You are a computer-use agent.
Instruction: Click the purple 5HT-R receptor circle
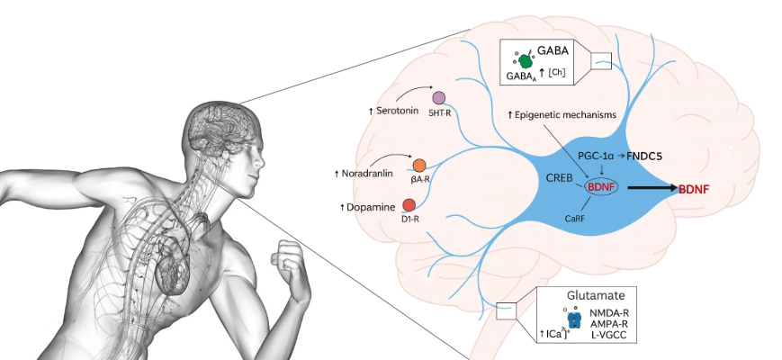(438, 97)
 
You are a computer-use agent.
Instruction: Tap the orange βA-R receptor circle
(418, 165)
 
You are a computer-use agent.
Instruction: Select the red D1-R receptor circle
(409, 206)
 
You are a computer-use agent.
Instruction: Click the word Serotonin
(400, 110)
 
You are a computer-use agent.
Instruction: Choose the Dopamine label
(370, 208)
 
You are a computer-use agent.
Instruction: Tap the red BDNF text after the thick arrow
(697, 188)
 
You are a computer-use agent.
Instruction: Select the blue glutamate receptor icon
(574, 319)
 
